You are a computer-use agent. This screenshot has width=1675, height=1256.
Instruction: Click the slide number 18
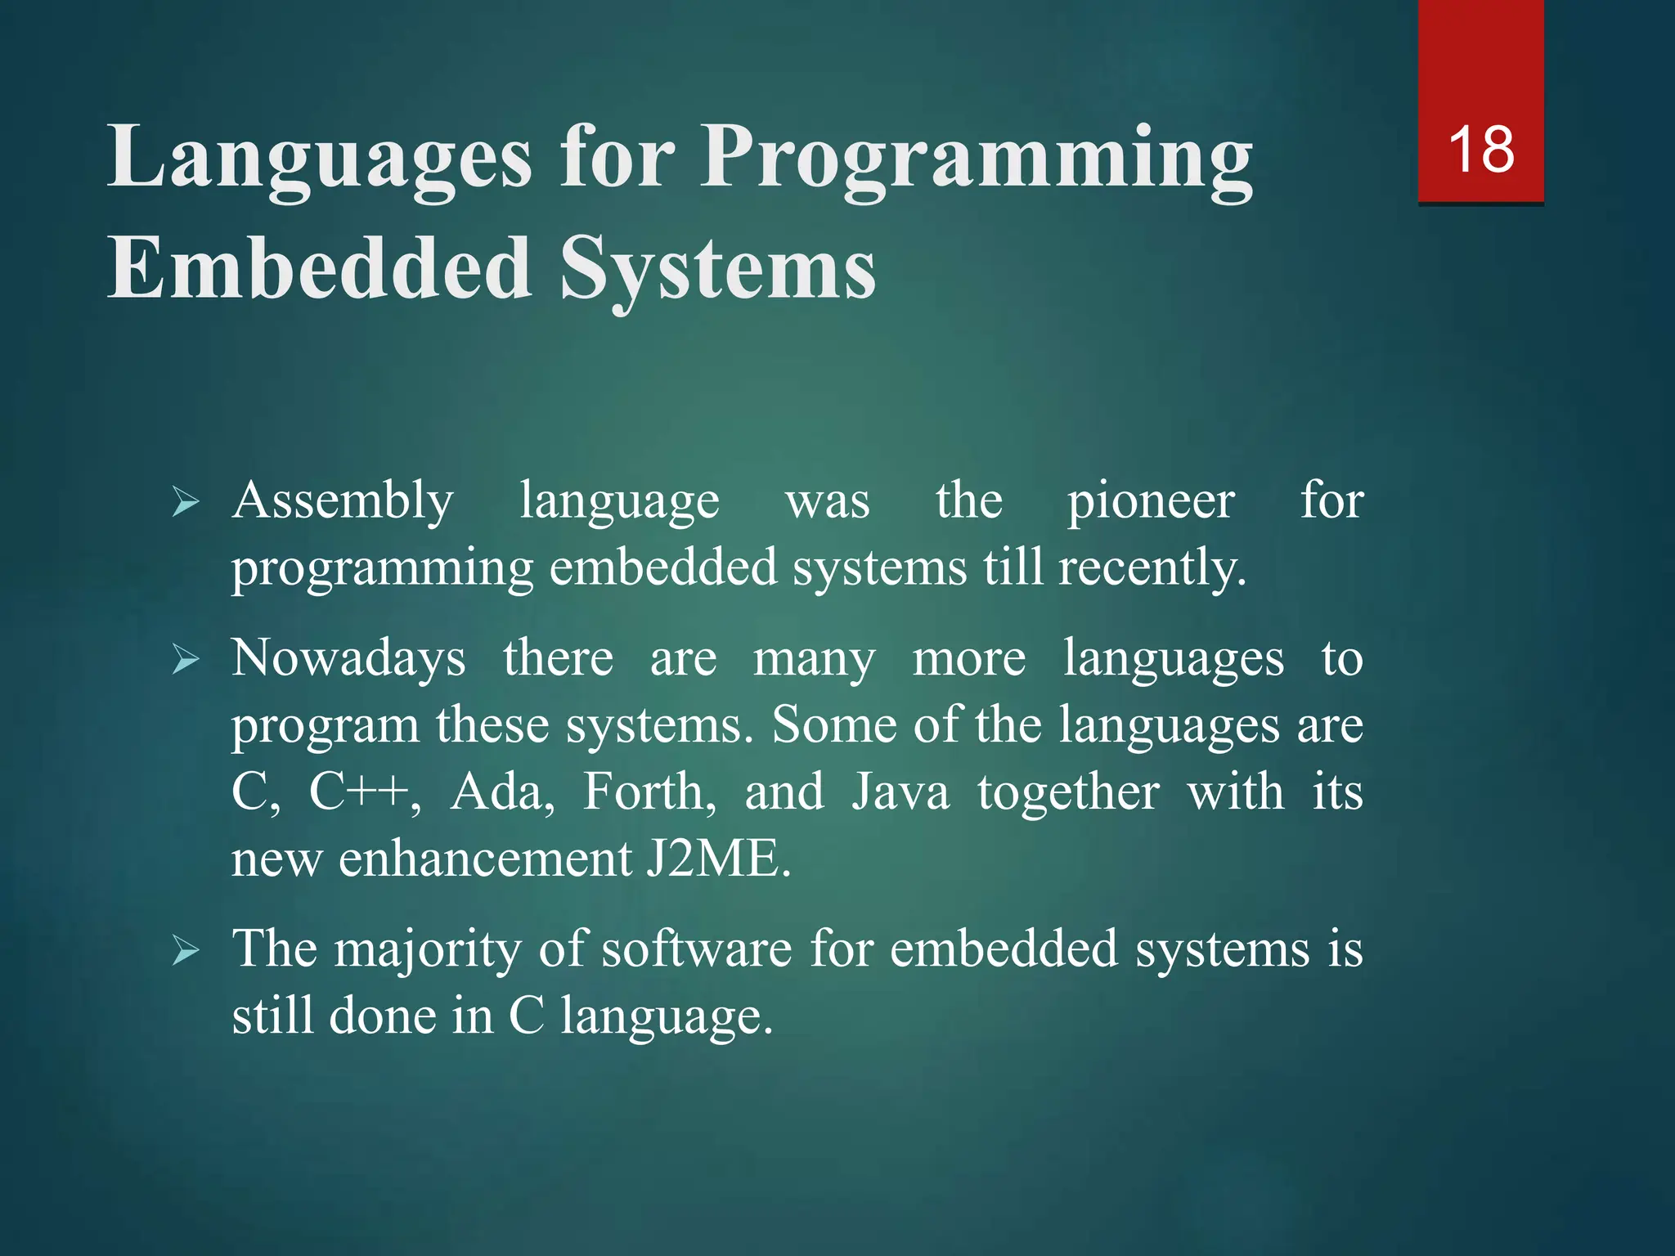click(x=1480, y=150)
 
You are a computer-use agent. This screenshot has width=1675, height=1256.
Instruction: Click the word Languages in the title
click(x=320, y=158)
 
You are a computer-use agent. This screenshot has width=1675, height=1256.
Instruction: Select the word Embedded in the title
click(x=320, y=268)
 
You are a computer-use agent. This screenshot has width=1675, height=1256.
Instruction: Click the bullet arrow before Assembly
click(x=186, y=501)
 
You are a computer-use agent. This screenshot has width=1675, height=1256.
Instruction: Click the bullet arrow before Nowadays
click(x=186, y=659)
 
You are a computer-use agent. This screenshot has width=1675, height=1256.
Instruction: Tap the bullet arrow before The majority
click(x=186, y=951)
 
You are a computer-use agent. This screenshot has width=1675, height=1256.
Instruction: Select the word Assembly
click(x=342, y=501)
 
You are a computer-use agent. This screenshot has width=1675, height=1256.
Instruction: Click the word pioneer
click(x=1151, y=501)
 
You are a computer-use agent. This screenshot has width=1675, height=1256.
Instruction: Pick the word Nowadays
click(x=348, y=658)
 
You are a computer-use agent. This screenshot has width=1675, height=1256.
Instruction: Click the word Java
click(x=900, y=792)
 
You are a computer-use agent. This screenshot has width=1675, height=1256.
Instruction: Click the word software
click(x=696, y=949)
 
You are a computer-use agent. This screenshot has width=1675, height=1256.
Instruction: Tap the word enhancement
click(x=486, y=859)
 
